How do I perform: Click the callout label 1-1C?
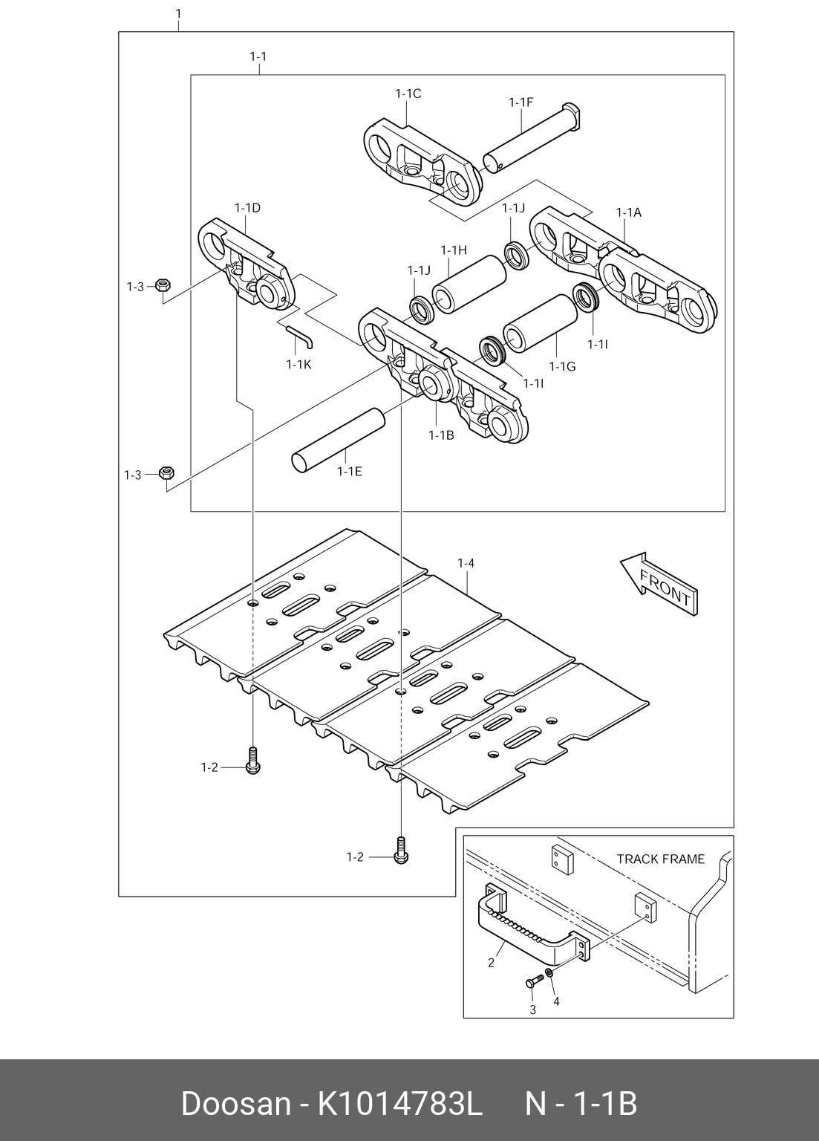pyautogui.click(x=408, y=94)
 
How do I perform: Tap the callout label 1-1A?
pyautogui.click(x=628, y=212)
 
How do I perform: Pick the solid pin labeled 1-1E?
pyautogui.click(x=337, y=439)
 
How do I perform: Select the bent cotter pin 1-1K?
pyautogui.click(x=300, y=335)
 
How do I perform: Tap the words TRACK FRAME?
pyautogui.click(x=660, y=859)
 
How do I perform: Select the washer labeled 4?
pyautogui.click(x=549, y=973)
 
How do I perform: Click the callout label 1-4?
pyautogui.click(x=465, y=564)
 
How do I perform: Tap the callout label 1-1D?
pyautogui.click(x=247, y=208)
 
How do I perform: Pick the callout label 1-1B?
pyautogui.click(x=440, y=435)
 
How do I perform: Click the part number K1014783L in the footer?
pyautogui.click(x=400, y=1105)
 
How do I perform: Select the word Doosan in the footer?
pyautogui.click(x=235, y=1105)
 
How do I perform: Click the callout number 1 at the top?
pyautogui.click(x=177, y=13)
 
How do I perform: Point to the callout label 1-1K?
pyautogui.click(x=298, y=364)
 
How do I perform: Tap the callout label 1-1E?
pyautogui.click(x=349, y=471)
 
